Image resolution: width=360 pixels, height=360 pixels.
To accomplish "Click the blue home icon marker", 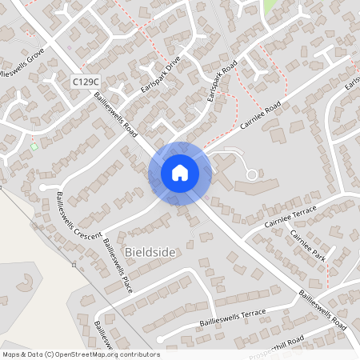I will [x=179, y=172].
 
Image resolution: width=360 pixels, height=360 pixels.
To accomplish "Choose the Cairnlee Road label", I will [x=262, y=117].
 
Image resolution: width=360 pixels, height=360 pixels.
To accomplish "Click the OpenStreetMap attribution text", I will [x=80, y=354].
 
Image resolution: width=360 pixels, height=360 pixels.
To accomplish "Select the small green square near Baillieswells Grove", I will [x=34, y=146].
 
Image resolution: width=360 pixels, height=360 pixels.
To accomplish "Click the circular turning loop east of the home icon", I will [x=252, y=174].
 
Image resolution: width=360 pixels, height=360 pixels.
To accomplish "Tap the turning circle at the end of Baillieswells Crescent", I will [x=43, y=187].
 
